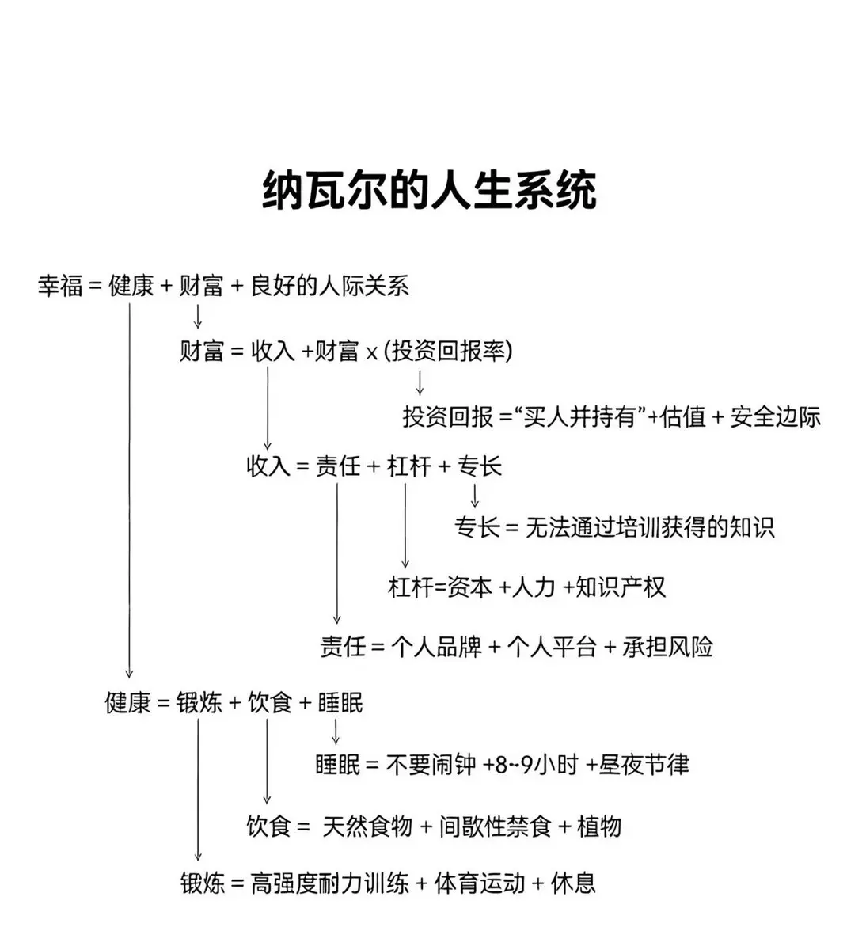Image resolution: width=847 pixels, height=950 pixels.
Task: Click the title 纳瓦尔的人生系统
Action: (428, 191)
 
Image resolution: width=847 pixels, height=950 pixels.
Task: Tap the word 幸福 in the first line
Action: (60, 285)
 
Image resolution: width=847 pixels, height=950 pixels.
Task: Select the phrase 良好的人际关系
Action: (330, 285)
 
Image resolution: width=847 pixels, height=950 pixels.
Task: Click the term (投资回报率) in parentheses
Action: (448, 351)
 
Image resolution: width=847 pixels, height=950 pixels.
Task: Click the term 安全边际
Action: (776, 416)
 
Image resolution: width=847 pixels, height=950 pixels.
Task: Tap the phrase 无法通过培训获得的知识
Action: (650, 526)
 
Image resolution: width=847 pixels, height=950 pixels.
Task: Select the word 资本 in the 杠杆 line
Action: (469, 587)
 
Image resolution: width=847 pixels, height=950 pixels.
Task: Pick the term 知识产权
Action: (621, 587)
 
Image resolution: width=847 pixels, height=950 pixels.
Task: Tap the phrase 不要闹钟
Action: (431, 765)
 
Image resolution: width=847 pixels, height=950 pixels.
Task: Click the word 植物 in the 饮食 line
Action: (598, 826)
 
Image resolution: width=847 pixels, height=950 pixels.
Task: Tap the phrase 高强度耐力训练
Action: (329, 883)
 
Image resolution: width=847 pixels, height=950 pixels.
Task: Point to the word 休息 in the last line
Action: (573, 883)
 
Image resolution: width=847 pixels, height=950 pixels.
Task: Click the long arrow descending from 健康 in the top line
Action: (129, 491)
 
